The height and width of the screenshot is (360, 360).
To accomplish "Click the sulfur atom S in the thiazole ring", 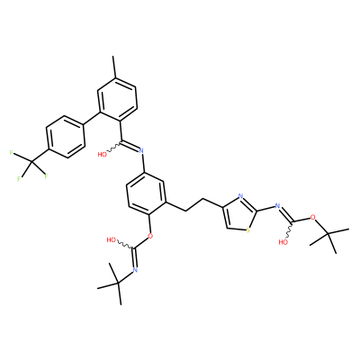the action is [x=247, y=230].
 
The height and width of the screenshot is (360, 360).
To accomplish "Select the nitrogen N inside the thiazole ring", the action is [x=240, y=196].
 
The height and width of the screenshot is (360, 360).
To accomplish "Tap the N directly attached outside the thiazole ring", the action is [x=277, y=206].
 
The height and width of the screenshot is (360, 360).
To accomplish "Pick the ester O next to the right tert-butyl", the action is [x=313, y=217].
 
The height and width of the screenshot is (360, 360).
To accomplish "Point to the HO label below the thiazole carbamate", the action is [x=283, y=242].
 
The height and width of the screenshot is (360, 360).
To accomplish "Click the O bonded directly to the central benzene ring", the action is [x=150, y=236].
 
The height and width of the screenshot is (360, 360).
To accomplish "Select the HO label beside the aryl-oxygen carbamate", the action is [x=112, y=239].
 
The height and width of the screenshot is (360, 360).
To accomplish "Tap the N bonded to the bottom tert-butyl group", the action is [x=135, y=270].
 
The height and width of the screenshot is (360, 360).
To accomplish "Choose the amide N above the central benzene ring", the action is [x=142, y=151].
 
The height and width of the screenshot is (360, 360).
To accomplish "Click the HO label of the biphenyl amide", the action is [x=103, y=155].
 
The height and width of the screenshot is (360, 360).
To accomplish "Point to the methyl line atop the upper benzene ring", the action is [x=113, y=67].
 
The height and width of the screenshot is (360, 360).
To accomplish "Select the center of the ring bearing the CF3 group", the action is [x=65, y=137].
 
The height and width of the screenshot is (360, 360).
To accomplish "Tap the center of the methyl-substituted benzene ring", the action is [x=118, y=100].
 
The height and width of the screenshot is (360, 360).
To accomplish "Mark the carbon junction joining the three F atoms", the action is [x=31, y=163].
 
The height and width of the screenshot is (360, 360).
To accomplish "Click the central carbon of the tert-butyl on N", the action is [x=118, y=283].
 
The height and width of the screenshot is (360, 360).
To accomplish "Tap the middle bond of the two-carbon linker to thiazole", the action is [x=194, y=205].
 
